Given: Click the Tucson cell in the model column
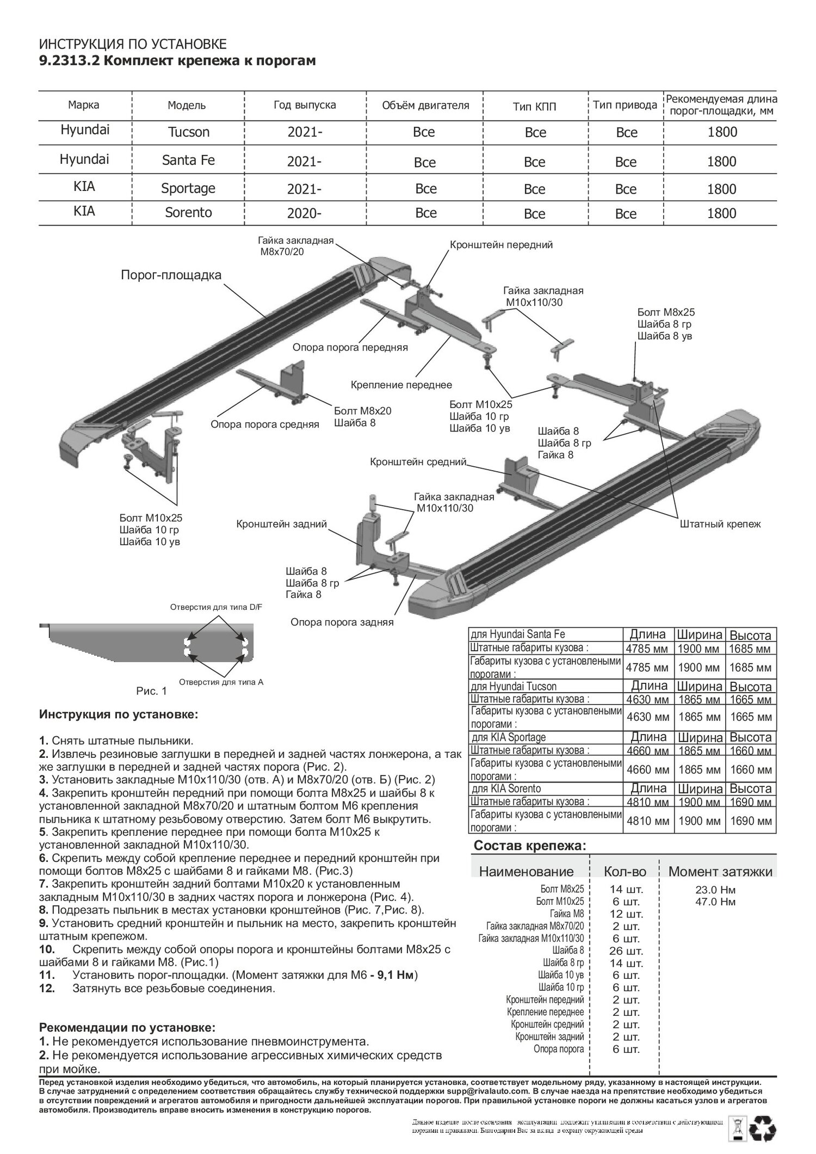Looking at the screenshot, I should (x=188, y=132).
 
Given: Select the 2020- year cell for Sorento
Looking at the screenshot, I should (x=304, y=213).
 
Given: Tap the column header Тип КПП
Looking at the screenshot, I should (x=535, y=106).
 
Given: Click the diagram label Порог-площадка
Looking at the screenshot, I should (x=171, y=275).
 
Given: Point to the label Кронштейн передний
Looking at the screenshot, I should (x=501, y=245).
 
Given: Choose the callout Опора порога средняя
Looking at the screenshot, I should (x=265, y=424).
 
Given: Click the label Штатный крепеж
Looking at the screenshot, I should (x=720, y=524).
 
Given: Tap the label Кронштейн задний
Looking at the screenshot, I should (x=281, y=524).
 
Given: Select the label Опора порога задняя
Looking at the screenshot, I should (x=342, y=622).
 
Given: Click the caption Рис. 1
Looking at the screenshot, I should (x=151, y=692).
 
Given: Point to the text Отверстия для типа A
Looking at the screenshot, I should (x=221, y=682).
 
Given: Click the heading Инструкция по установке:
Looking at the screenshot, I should (x=119, y=714).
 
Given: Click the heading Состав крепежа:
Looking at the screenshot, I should (x=530, y=846).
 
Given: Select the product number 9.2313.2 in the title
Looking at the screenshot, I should (x=69, y=61).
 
